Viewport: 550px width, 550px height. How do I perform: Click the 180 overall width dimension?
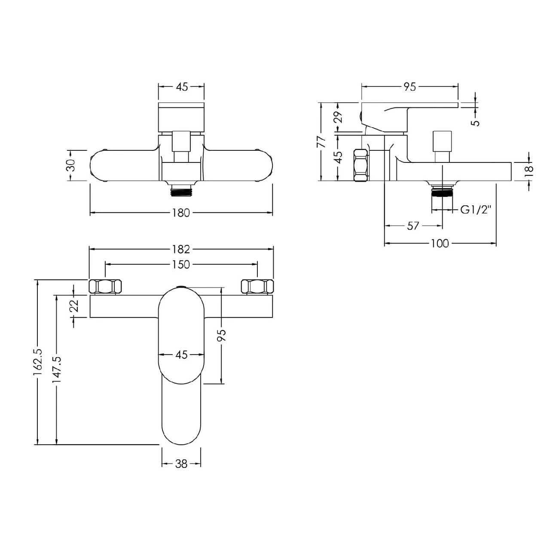point(181,213)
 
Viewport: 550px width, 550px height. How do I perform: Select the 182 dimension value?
point(181,249)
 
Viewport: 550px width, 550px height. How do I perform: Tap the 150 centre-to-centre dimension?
point(181,265)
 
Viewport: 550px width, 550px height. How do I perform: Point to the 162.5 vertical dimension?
point(38,362)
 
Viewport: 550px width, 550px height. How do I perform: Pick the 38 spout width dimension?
point(181,464)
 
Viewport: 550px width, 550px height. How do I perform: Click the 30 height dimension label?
point(71,165)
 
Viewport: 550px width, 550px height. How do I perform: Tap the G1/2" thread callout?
point(476,210)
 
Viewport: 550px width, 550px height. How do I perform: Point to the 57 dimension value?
point(412,226)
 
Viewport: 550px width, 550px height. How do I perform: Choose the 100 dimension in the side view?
point(439,244)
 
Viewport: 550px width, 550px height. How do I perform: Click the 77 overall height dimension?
point(321,141)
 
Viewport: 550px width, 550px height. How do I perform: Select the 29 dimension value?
point(339,117)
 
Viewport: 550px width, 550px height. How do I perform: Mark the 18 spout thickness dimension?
point(529,169)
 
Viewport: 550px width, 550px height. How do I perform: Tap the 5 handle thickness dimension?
point(475,122)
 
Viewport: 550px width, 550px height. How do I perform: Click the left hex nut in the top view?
point(105,287)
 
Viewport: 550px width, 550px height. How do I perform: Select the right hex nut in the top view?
point(257,287)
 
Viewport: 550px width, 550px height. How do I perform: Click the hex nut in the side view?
point(361,165)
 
